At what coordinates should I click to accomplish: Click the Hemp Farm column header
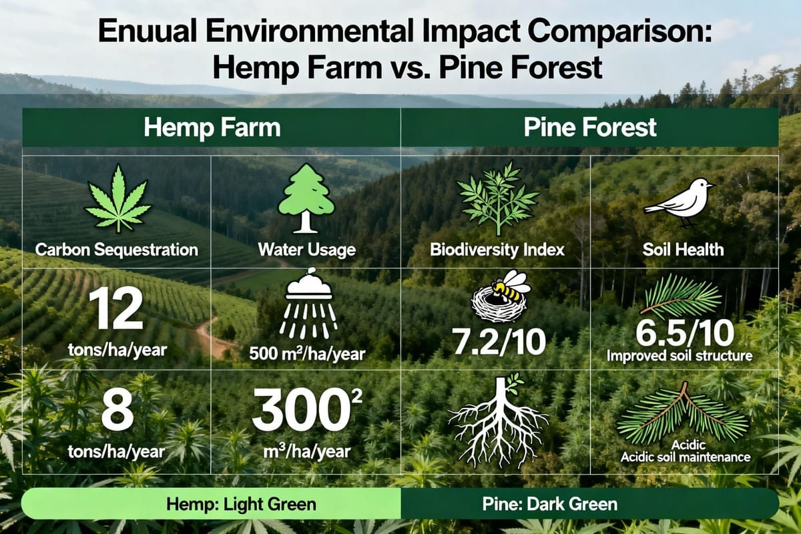(x=211, y=127)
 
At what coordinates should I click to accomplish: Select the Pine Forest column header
(x=589, y=127)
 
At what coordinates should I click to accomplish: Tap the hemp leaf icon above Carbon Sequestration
(x=117, y=198)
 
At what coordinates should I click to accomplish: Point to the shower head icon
(x=308, y=308)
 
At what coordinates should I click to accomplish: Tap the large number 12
(x=117, y=311)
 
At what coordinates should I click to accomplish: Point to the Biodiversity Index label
(x=497, y=250)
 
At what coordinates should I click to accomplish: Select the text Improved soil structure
(x=679, y=356)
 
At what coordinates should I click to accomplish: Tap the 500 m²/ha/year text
(x=308, y=353)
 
